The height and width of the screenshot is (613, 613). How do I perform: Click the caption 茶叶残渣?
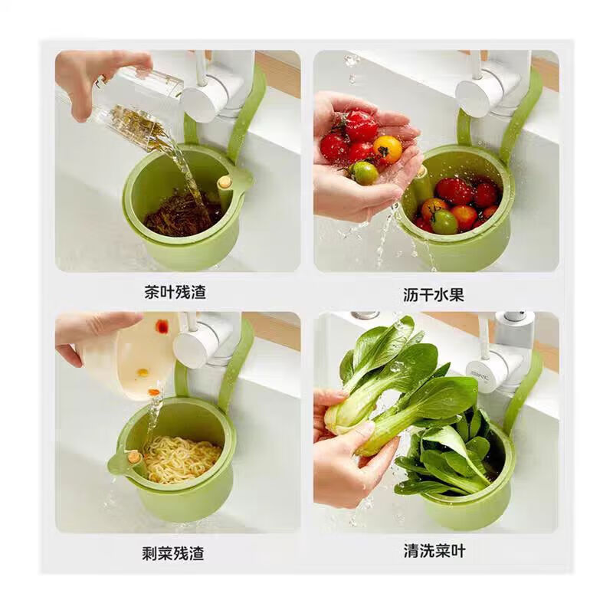coord(175,292)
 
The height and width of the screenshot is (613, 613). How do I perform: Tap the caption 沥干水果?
coord(434,294)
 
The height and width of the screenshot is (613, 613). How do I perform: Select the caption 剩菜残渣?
coord(175,552)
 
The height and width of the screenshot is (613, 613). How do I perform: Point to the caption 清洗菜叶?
coord(434,551)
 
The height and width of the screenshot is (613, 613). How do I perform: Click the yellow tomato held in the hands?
coord(387,149)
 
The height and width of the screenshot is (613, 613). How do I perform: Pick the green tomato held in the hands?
coord(365,173)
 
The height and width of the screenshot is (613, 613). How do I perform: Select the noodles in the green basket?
coord(182,457)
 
